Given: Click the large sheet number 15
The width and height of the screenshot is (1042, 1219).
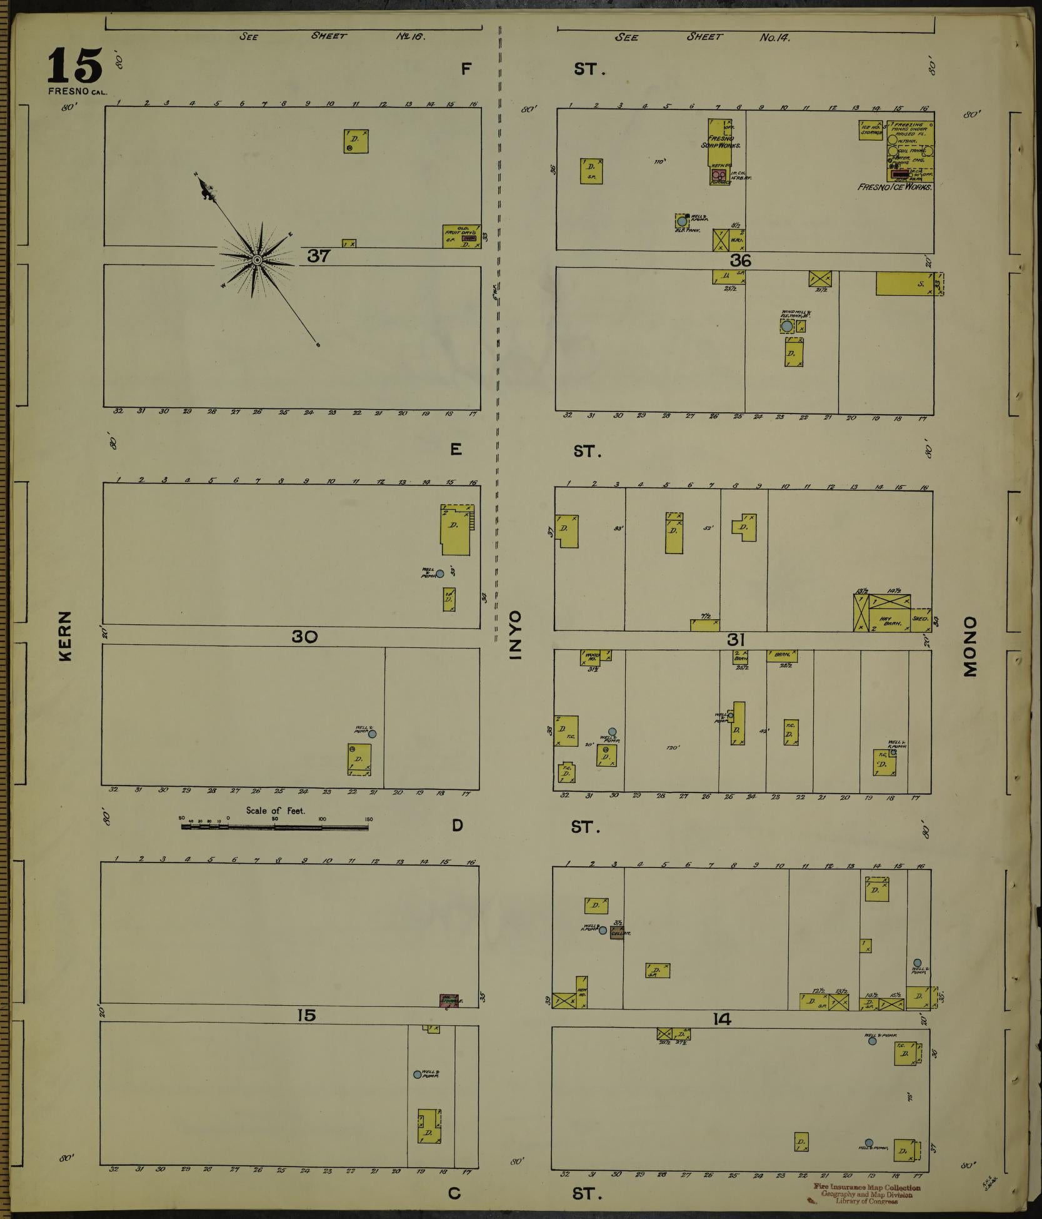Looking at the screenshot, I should point(74,66).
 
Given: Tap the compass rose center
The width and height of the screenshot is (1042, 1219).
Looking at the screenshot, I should point(257,259).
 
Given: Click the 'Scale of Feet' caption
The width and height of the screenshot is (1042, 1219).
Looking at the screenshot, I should point(275,811).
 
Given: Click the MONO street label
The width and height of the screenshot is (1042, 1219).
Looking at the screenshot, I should point(969,647).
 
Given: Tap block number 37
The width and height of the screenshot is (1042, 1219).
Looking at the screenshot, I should point(318,256).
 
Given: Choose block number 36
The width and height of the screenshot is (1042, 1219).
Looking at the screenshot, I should point(740,260).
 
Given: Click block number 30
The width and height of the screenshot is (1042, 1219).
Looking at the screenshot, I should point(304,637).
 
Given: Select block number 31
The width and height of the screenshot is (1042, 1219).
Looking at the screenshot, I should point(736,640).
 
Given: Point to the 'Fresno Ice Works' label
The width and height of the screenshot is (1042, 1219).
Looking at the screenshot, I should point(895,187).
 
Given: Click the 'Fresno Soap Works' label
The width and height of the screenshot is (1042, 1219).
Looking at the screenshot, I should point(720,141).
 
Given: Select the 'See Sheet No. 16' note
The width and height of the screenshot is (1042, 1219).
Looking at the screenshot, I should point(332,36).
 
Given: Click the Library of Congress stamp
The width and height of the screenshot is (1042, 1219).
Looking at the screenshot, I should point(866,1194).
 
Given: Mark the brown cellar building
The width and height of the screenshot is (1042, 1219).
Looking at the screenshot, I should point(617,933).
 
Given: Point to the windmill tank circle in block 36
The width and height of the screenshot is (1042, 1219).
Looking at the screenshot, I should point(786,326).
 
